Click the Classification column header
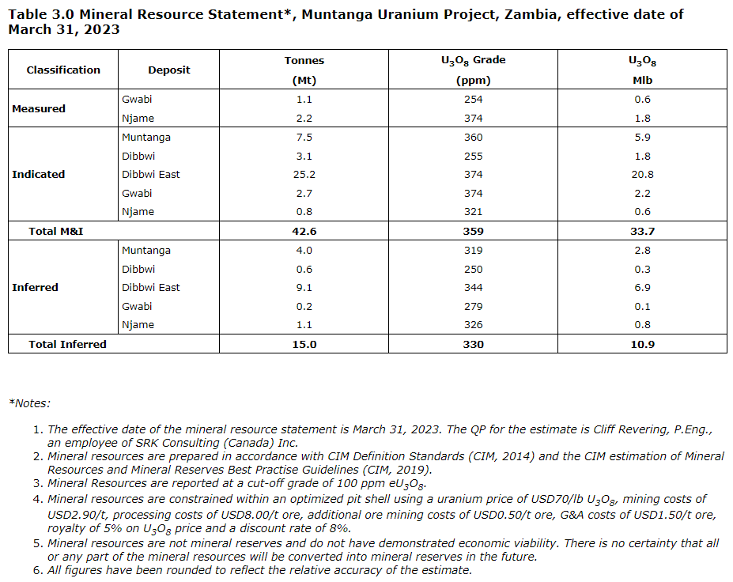coord(63,70)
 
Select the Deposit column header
coord(168,70)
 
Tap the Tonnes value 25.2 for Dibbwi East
coord(304,174)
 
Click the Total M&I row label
coord(56,231)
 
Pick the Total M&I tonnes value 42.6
coord(304,231)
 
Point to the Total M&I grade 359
coord(474,231)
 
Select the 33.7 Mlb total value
coord(642,231)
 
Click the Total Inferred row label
coord(67,344)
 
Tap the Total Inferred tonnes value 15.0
coord(304,344)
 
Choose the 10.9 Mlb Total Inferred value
coord(642,344)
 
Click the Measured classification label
coord(39,108)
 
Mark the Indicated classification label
coord(38,174)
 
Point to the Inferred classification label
coord(35,287)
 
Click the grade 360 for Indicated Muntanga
coord(474,137)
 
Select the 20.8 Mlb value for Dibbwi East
coord(642,174)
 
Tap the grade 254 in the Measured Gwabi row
coord(474,99)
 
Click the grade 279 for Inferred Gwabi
coord(474,306)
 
